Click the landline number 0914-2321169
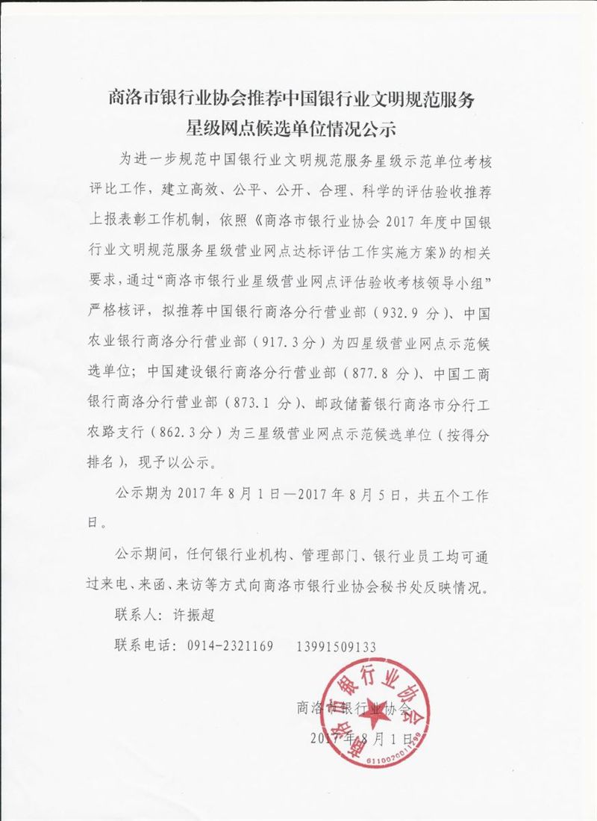228,645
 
